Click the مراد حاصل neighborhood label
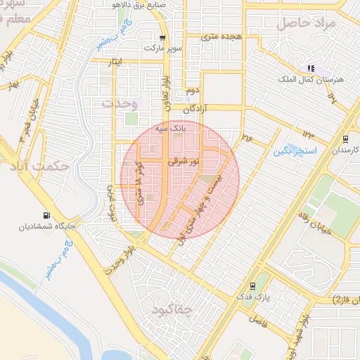click(x=308, y=22)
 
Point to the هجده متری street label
click(x=222, y=35)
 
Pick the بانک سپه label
click(x=172, y=129)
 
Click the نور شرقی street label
click(x=184, y=162)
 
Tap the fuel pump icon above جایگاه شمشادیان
click(x=46, y=215)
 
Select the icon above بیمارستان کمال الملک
click(x=310, y=69)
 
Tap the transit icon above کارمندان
click(x=345, y=139)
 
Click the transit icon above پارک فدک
click(x=252, y=286)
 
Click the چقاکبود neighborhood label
click(x=171, y=310)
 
